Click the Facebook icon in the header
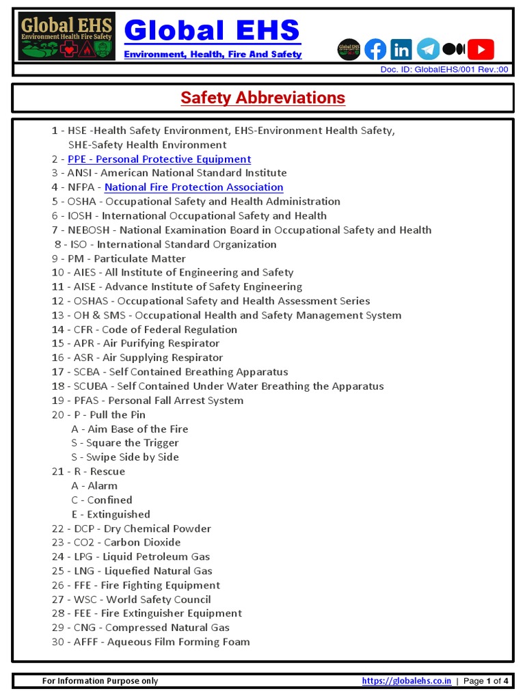(375, 49)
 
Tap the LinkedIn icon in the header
(401, 49)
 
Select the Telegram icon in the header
(428, 49)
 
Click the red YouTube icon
(481, 49)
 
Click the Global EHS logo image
(66, 36)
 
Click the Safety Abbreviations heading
(262, 98)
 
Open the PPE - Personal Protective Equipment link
(159, 159)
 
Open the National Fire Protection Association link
(193, 187)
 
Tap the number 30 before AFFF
(57, 642)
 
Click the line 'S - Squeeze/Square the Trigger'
(125, 443)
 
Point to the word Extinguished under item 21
(118, 514)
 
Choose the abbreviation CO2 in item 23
(83, 542)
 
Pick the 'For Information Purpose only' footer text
(100, 681)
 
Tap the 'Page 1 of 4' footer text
(486, 681)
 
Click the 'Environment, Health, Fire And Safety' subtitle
(213, 54)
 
